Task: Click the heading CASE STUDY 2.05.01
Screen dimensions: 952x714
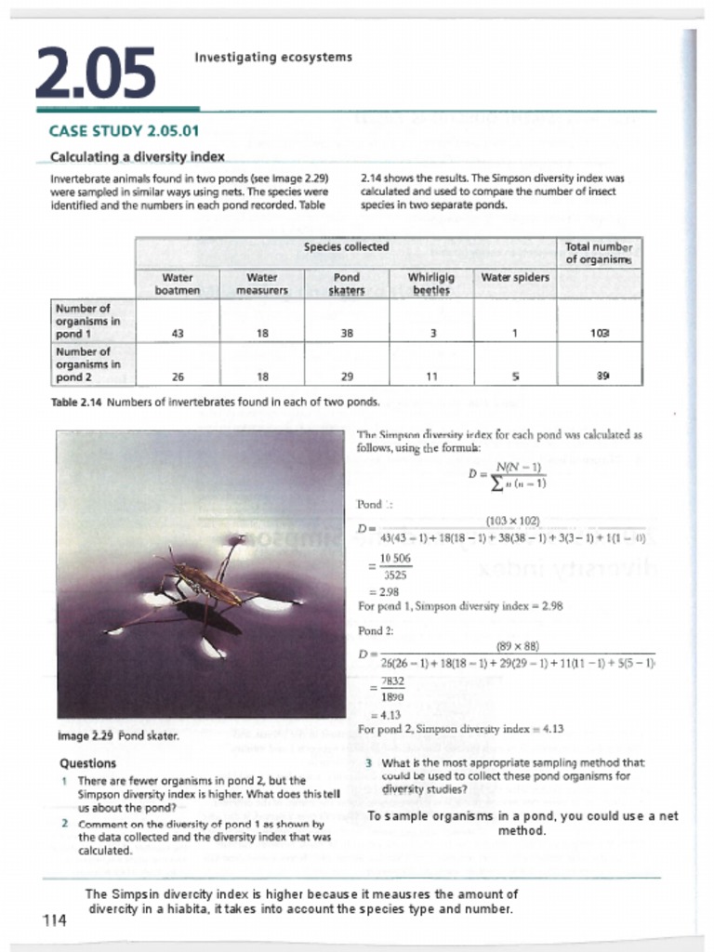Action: click(x=124, y=130)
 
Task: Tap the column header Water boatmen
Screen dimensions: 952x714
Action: click(x=177, y=284)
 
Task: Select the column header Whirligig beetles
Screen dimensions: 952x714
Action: click(x=431, y=284)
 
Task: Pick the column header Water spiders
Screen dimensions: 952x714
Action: click(x=515, y=277)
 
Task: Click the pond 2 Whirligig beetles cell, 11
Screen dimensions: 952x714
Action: click(x=431, y=377)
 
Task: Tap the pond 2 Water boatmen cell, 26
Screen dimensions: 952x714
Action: click(x=177, y=377)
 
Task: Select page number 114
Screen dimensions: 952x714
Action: click(x=54, y=920)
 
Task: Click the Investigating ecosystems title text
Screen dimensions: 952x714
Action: click(x=273, y=58)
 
